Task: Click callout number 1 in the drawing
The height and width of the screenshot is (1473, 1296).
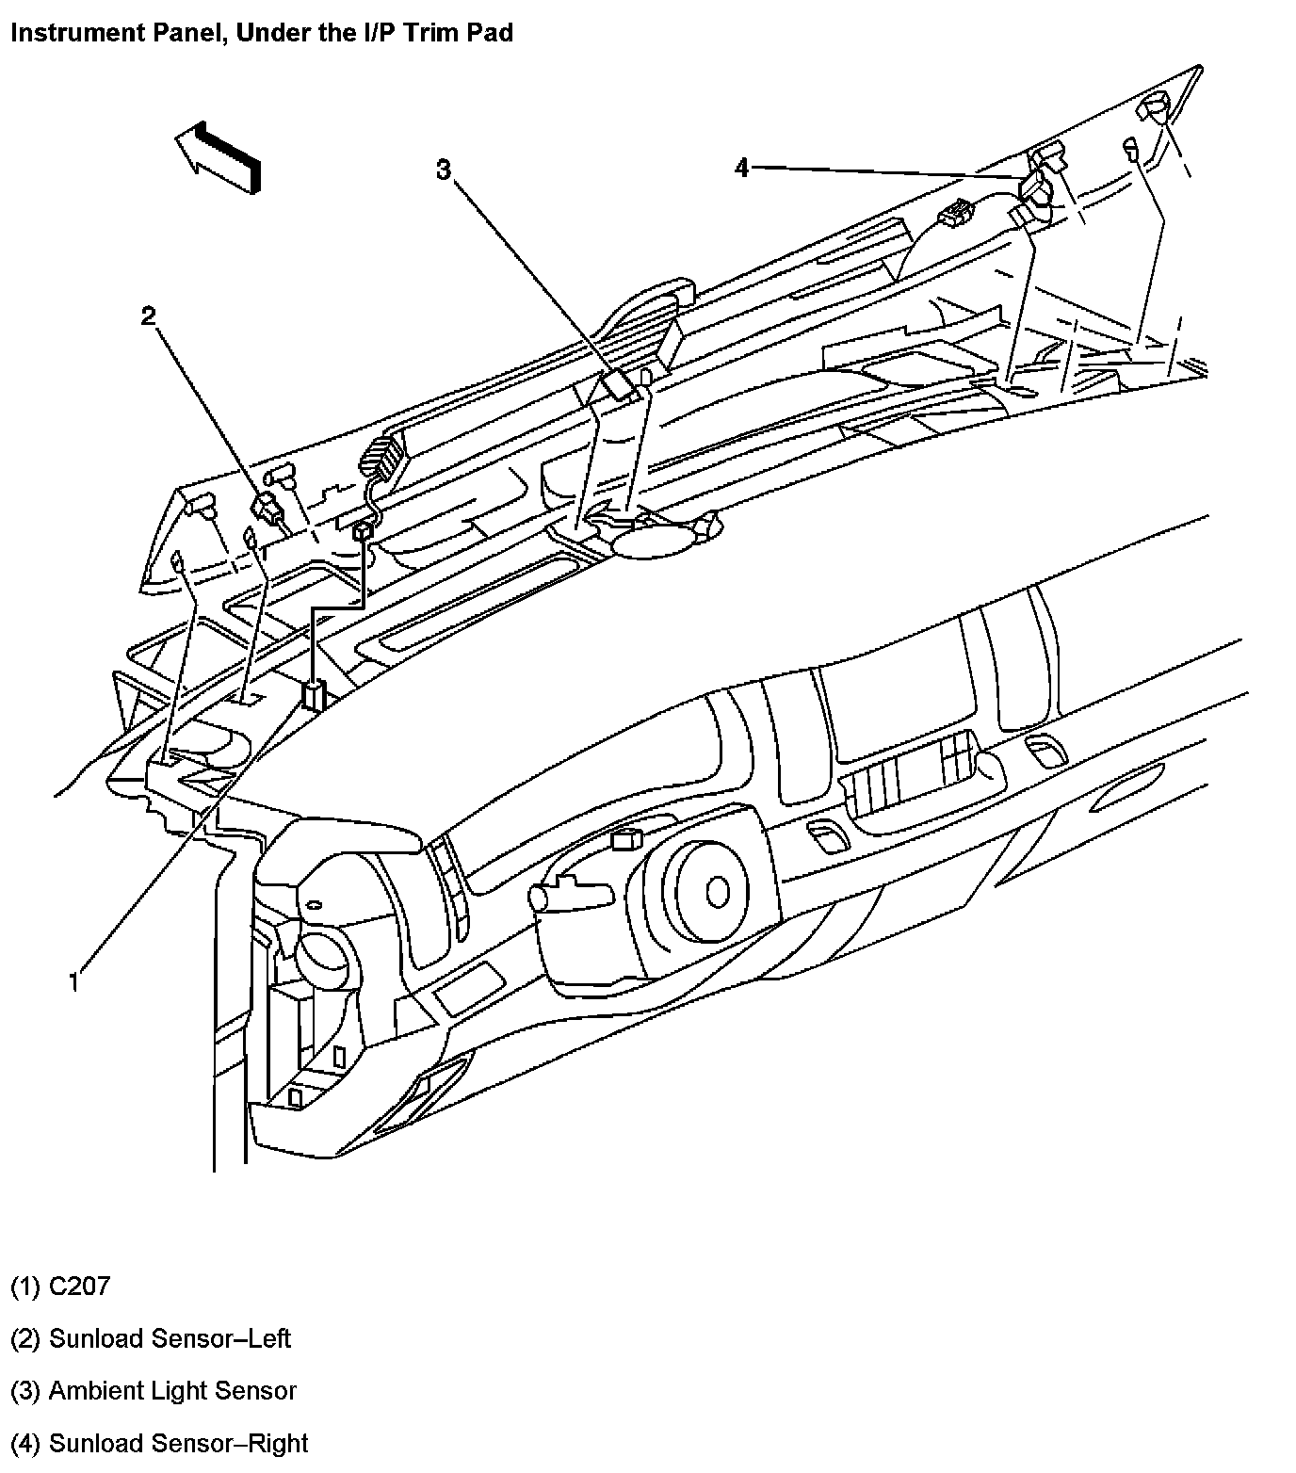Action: (74, 982)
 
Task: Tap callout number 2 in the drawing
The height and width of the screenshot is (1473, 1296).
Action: (148, 316)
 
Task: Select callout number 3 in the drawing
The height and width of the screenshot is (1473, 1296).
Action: (444, 170)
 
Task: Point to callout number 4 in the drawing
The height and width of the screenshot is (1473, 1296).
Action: (742, 168)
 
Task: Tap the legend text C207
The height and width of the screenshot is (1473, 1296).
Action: (79, 1286)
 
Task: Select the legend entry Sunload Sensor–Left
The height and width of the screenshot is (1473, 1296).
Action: (170, 1338)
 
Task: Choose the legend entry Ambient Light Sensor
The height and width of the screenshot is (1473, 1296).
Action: (172, 1390)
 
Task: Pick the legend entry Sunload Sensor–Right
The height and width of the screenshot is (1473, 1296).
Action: (178, 1443)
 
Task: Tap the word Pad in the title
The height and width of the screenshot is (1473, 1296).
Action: (492, 33)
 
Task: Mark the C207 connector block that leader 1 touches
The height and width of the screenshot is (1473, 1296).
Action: (313, 695)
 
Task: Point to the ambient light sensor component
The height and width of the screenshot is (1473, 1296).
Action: (619, 385)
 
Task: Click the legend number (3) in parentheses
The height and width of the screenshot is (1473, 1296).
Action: (24, 1390)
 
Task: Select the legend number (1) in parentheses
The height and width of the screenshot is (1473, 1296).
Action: (24, 1286)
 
